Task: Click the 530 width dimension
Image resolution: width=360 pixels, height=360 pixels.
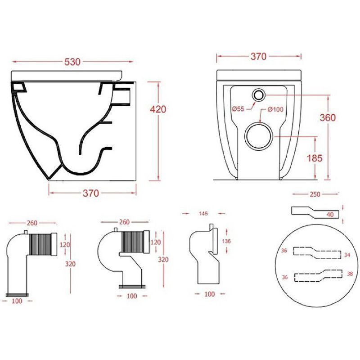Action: pos(72,62)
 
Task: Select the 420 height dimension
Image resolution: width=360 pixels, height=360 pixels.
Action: pos(158,109)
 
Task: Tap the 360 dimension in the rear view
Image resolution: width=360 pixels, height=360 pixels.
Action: pos(328,117)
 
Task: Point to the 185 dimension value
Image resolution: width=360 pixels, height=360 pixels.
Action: pos(315,158)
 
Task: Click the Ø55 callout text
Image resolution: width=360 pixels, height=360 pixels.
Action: pos(238,108)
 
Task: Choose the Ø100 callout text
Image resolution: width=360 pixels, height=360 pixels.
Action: pos(275,109)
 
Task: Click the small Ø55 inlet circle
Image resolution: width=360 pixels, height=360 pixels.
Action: pos(259,94)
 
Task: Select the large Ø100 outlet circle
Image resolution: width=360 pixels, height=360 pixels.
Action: pos(259,136)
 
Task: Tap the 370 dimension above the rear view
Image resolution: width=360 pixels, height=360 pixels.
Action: pos(258,56)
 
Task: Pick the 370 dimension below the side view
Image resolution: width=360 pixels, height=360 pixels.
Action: pos(91,193)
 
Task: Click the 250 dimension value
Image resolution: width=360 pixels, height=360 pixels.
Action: pos(315,194)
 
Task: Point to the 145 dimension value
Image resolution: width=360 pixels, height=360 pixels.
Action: pos(203,213)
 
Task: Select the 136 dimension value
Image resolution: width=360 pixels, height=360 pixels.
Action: pos(226,241)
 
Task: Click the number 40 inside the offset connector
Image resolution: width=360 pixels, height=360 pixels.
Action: pos(330,215)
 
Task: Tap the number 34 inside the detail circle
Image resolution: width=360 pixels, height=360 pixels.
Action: pos(347,255)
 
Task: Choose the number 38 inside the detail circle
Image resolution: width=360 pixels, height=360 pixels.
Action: pos(350,274)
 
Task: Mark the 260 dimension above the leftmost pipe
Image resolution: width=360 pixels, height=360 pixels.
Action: pos(32,223)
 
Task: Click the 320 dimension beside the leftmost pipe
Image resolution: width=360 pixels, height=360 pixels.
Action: pos(70,264)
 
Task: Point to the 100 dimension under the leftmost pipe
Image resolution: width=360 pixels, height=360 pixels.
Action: pos(17,301)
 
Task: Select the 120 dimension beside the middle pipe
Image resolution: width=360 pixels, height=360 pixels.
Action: pos(156,242)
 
